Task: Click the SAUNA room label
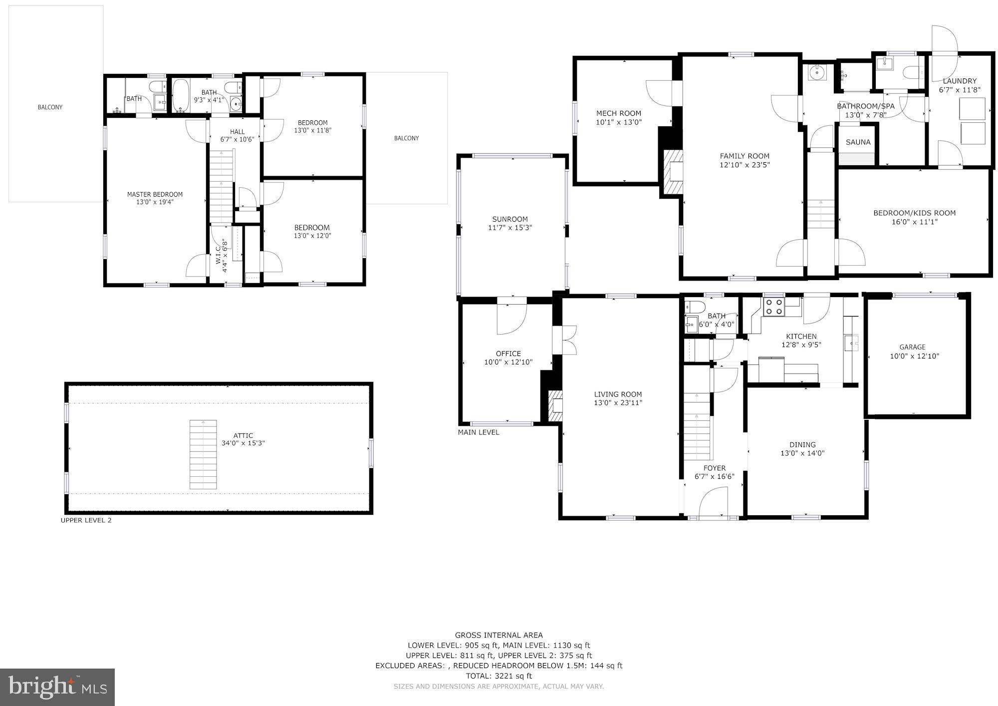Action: point(858,142)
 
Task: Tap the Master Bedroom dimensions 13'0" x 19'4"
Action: point(155,202)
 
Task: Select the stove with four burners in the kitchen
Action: point(774,306)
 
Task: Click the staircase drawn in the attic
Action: point(203,454)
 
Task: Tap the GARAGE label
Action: point(912,347)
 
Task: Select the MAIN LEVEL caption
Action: point(478,432)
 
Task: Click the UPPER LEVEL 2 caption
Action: point(86,520)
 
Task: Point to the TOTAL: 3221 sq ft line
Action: point(499,676)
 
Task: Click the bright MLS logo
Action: point(57,687)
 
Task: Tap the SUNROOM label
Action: point(509,219)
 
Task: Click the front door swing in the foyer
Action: point(714,503)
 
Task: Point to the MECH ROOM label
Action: point(618,113)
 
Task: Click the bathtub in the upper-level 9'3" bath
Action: point(180,96)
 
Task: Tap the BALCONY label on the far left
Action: point(50,107)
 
